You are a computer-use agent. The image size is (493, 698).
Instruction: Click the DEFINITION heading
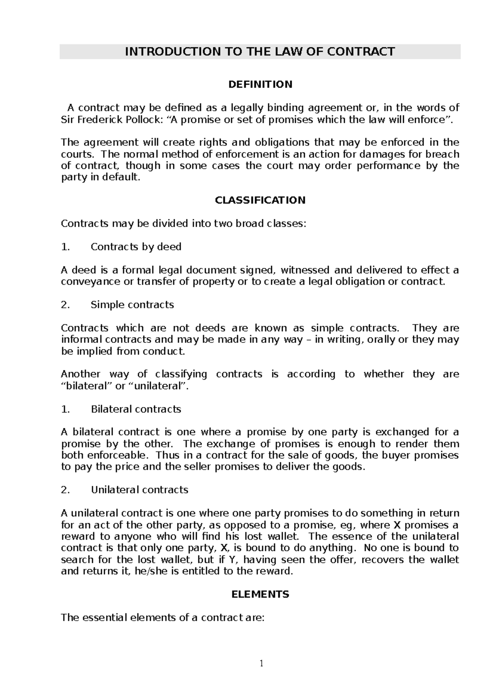[260, 84]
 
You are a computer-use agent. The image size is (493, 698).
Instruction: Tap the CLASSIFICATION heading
[260, 200]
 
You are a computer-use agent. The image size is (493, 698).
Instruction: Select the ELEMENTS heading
[260, 594]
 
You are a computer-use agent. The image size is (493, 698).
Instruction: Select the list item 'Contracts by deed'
[136, 247]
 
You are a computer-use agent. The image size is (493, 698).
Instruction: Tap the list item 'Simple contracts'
[132, 305]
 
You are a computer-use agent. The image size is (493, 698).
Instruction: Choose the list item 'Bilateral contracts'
[136, 409]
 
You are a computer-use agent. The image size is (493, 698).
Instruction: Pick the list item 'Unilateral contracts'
[139, 490]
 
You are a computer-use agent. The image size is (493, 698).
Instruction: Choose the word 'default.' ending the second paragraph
[121, 177]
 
